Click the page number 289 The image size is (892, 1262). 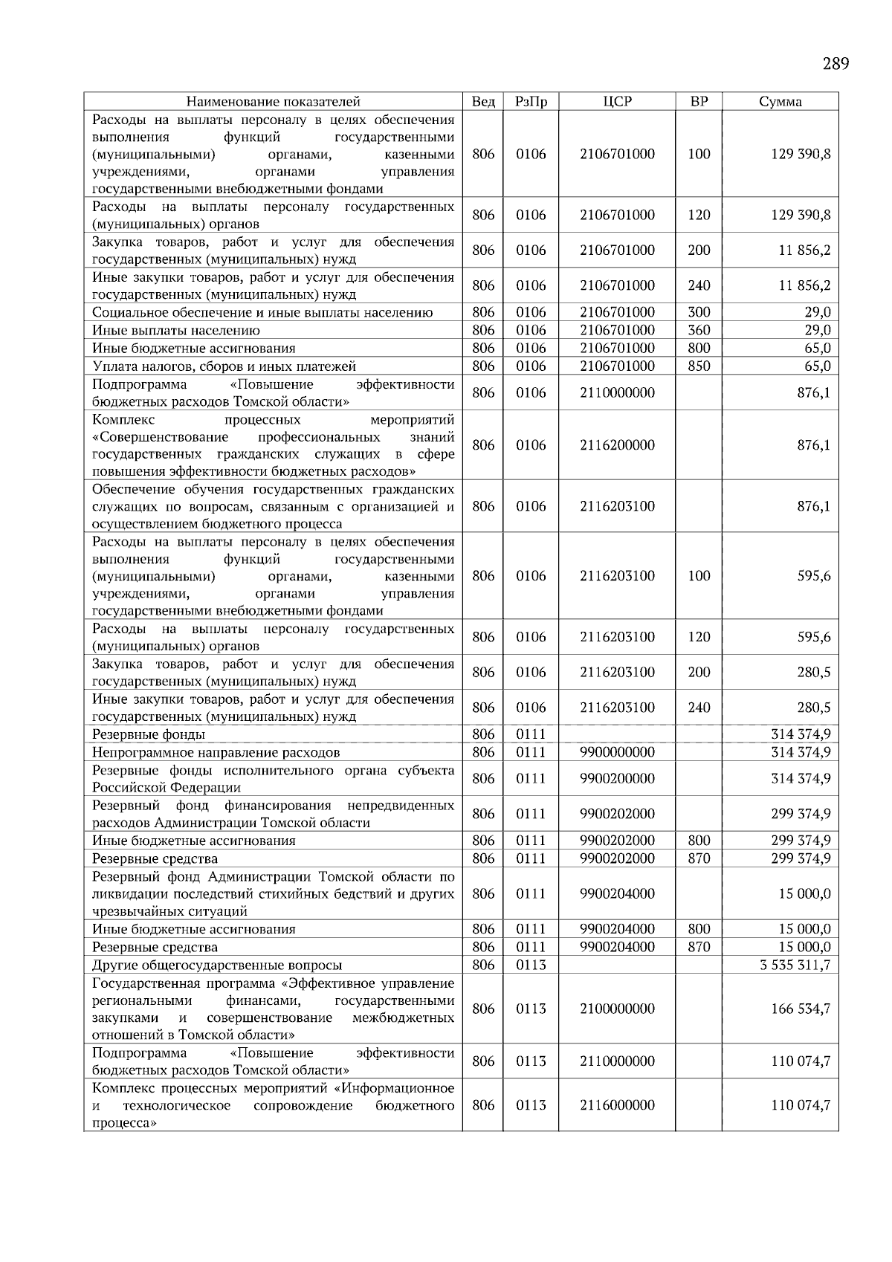point(836,64)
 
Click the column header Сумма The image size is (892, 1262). point(780,102)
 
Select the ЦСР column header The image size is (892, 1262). point(617,102)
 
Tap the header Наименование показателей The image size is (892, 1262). point(273,102)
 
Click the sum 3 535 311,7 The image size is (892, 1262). point(791,965)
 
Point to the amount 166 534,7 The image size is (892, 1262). point(801,1009)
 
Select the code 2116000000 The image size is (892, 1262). point(617,1105)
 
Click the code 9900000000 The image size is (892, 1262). point(617,752)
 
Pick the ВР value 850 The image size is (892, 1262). point(699,366)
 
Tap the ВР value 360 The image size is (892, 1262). point(699,331)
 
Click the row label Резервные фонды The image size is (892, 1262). point(149,735)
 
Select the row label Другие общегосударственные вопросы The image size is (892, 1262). point(217,965)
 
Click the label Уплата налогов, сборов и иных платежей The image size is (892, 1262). point(224,366)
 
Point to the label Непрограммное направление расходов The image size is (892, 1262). point(216,752)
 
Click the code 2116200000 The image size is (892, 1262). point(617,445)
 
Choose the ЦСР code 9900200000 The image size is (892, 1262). point(617,779)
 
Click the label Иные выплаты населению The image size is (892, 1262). point(176,331)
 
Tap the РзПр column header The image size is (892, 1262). point(531,102)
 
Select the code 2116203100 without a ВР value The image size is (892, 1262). point(617,506)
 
